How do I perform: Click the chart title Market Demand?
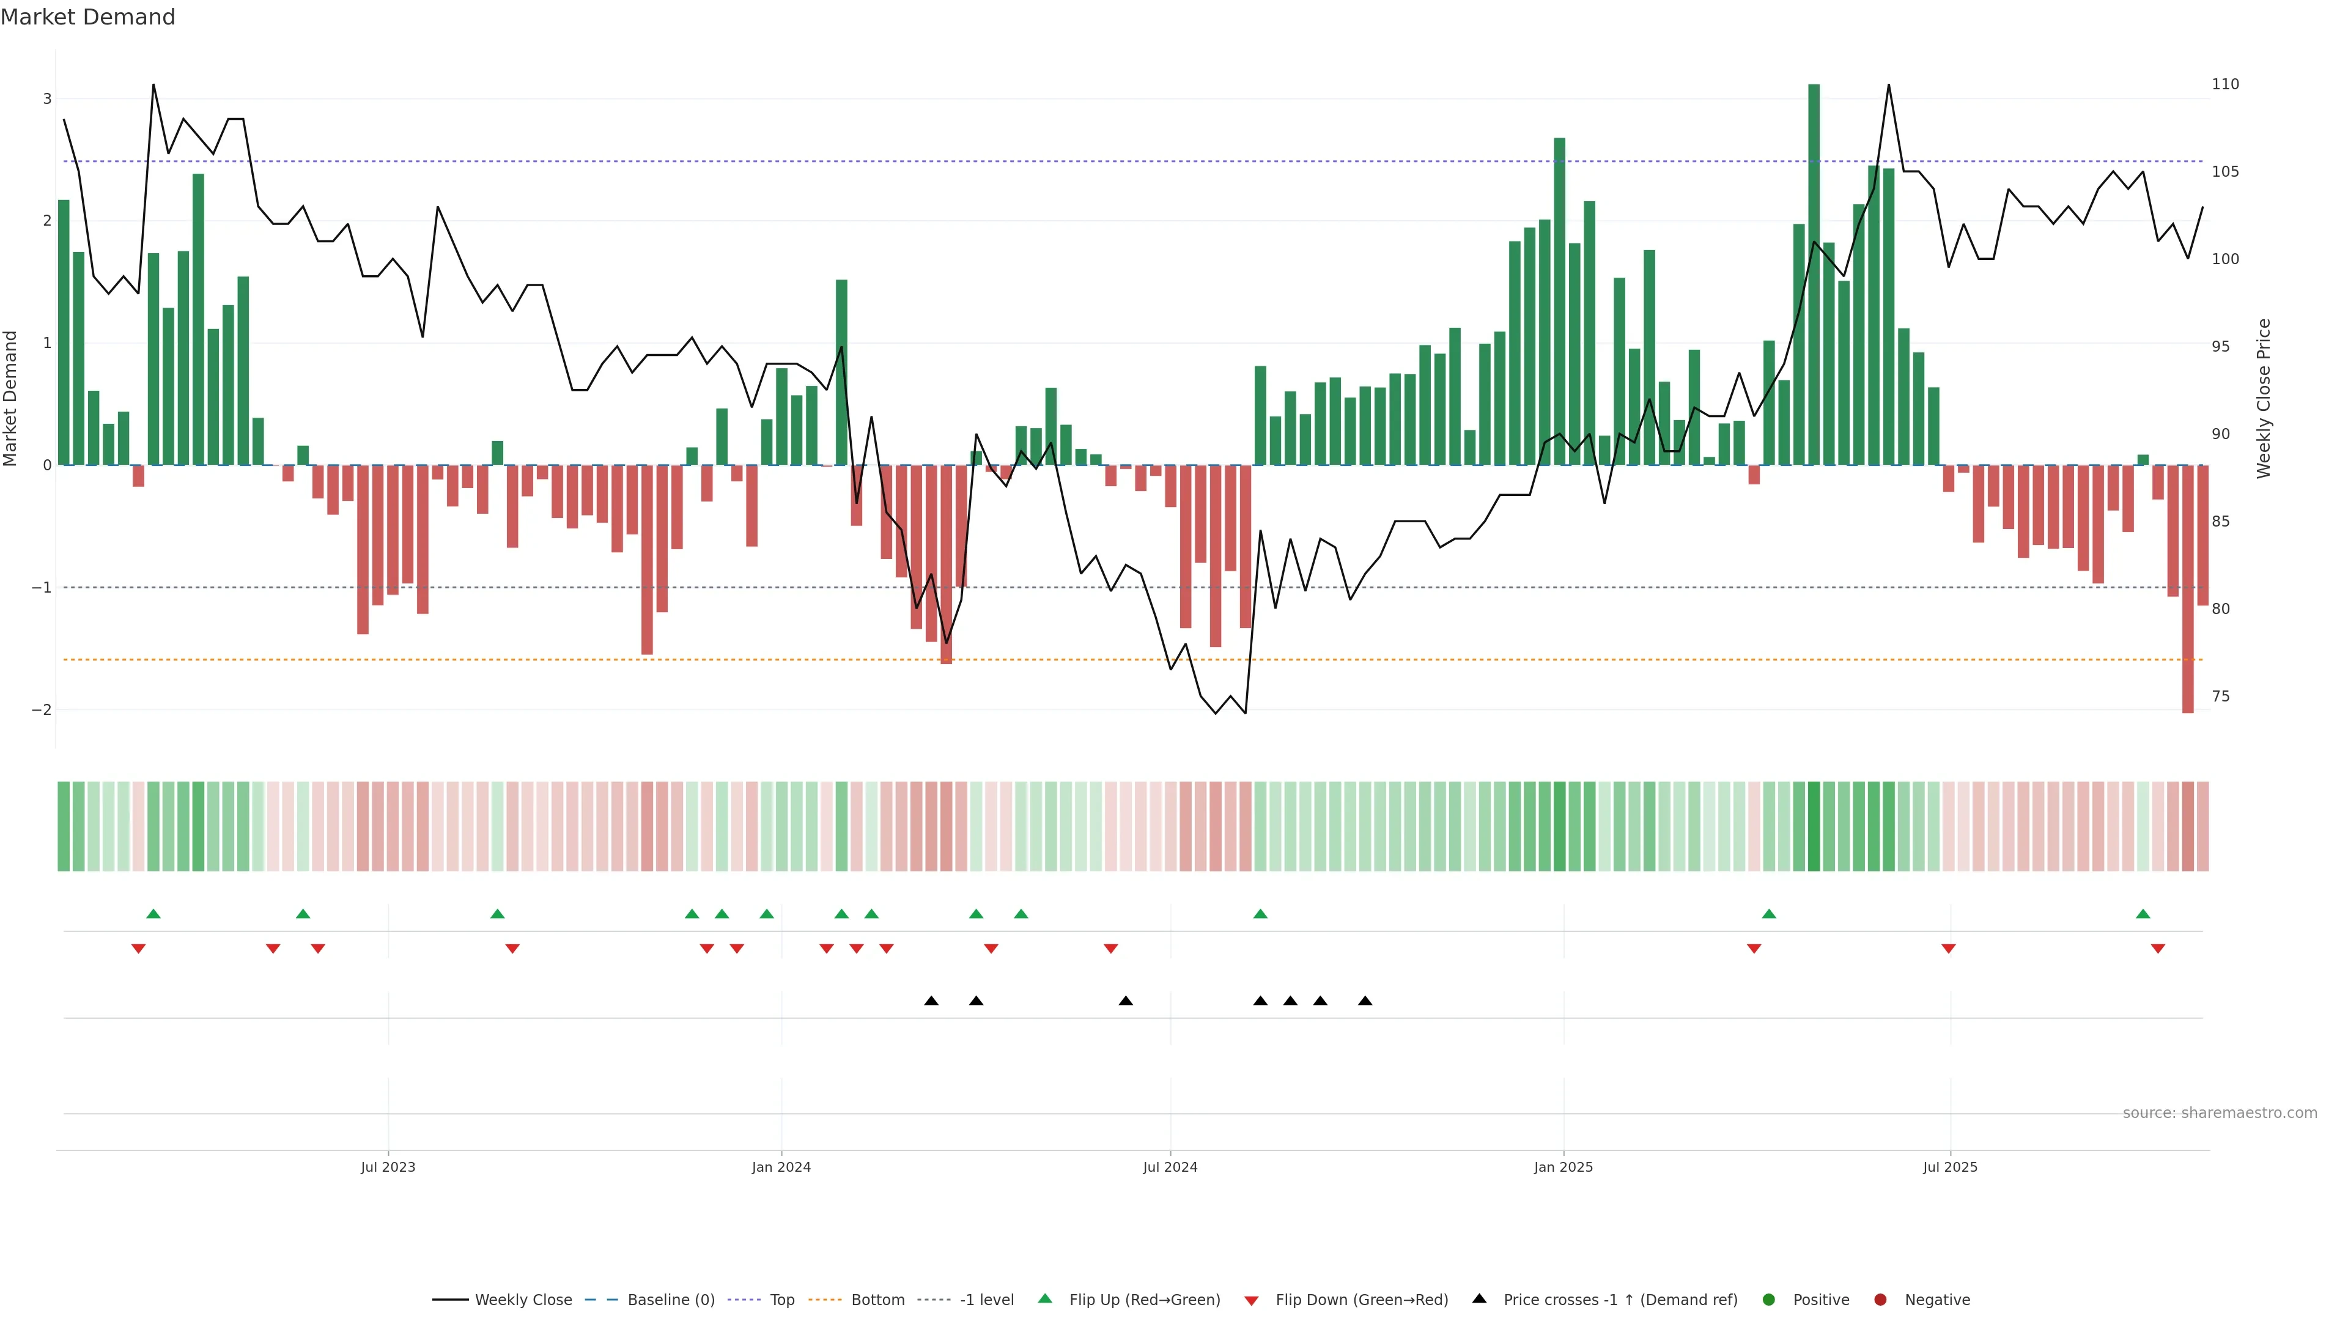click(x=87, y=17)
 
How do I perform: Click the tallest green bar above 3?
click(x=1813, y=273)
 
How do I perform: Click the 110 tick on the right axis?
click(x=2225, y=84)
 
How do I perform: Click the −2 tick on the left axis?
click(x=41, y=710)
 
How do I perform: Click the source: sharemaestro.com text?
click(x=2220, y=1113)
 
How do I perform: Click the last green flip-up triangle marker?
click(x=2143, y=914)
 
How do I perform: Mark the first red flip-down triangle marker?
click(x=139, y=949)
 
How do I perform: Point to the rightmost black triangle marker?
click(x=1365, y=1001)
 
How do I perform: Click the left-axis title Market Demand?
click(x=11, y=398)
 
